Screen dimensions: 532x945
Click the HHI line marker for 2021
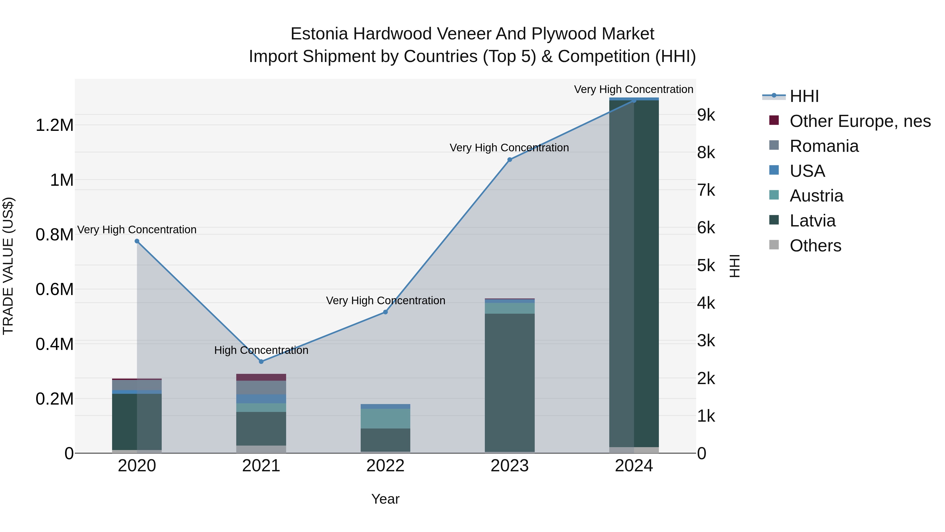point(261,362)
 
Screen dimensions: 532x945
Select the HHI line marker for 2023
point(510,160)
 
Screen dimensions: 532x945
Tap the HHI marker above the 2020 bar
point(137,241)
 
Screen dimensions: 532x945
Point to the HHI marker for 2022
point(385,312)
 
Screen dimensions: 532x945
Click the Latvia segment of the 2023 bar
point(510,382)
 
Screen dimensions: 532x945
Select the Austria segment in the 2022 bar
point(385,419)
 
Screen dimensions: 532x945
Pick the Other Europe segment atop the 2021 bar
point(261,377)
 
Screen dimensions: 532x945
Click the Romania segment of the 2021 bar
point(261,387)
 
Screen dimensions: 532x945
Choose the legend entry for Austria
point(816,196)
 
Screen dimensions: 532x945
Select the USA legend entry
point(807,171)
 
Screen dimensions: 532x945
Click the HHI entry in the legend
point(804,96)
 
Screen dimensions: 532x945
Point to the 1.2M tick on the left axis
point(54,125)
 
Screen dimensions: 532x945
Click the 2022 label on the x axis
point(385,466)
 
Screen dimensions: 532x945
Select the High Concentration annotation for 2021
point(261,350)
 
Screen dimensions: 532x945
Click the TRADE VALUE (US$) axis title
point(8,266)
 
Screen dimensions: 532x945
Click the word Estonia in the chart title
point(319,34)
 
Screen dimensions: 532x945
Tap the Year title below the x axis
point(385,499)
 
